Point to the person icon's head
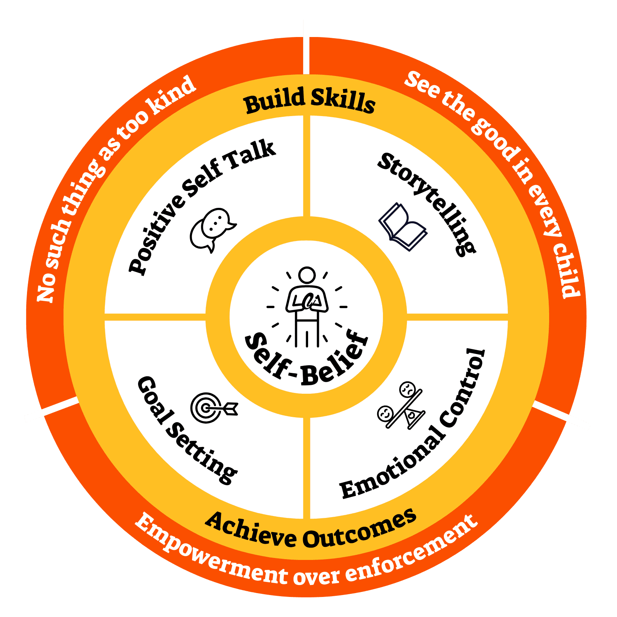307,275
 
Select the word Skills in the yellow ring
343,100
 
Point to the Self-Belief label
307,361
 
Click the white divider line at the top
306,46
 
